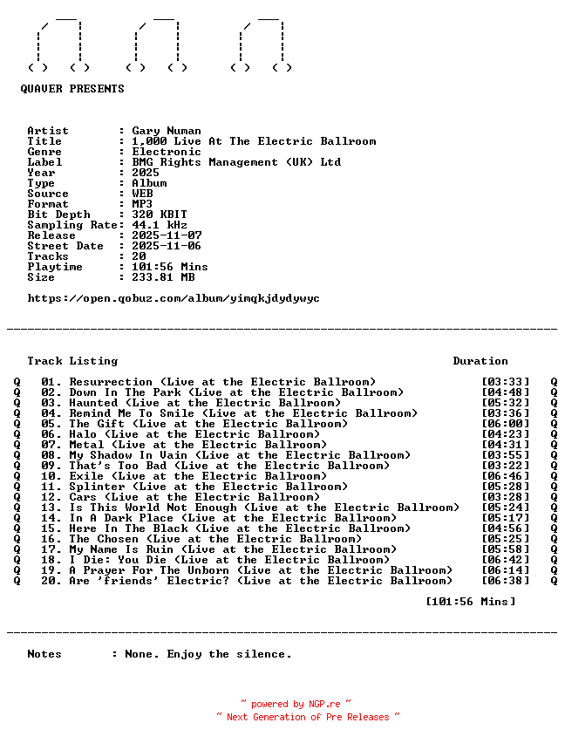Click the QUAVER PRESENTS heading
click(72, 89)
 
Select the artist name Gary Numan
click(167, 131)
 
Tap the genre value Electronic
click(167, 152)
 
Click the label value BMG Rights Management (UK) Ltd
click(236, 162)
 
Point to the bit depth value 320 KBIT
click(160, 215)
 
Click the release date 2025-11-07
click(167, 235)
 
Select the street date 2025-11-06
click(167, 246)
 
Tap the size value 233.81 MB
click(163, 277)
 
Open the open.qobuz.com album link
click(174, 298)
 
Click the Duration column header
click(480, 361)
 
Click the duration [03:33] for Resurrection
click(505, 382)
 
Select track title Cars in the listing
click(83, 497)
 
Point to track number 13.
click(51, 508)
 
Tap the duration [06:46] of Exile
click(505, 476)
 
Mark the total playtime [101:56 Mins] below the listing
click(470, 602)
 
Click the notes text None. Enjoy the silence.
click(208, 654)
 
